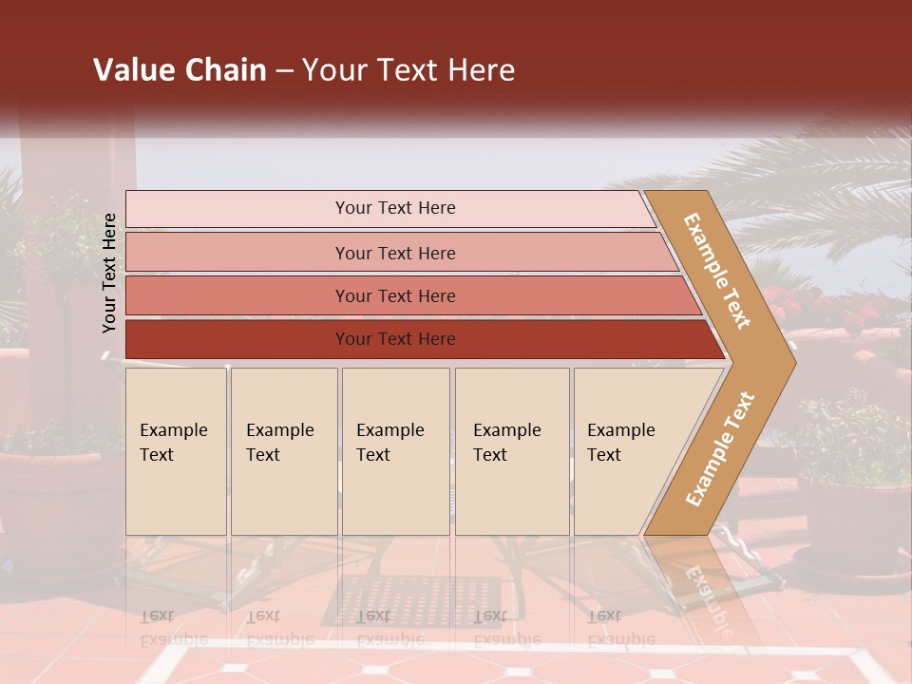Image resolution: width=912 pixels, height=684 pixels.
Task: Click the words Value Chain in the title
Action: click(x=180, y=70)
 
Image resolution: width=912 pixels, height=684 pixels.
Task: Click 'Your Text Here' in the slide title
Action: click(x=408, y=70)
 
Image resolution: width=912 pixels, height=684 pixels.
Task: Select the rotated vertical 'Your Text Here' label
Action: click(x=109, y=273)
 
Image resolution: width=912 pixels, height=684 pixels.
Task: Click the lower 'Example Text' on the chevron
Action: click(x=720, y=448)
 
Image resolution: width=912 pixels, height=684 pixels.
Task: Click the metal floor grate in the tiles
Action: click(x=399, y=598)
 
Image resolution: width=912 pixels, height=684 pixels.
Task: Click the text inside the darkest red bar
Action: click(x=395, y=339)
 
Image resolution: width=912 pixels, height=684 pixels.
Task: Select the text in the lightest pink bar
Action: click(x=395, y=208)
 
